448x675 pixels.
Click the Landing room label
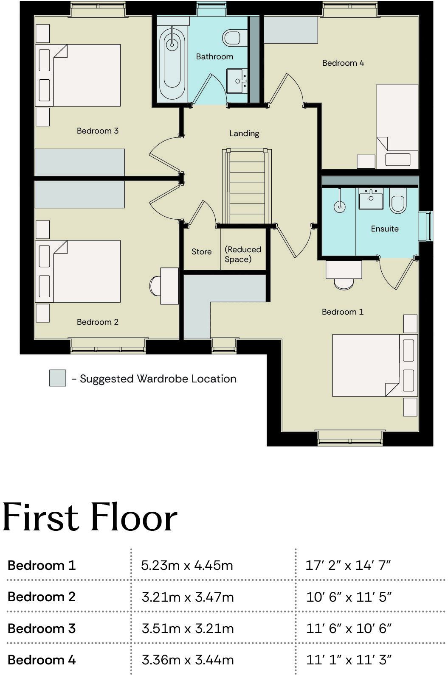pyautogui.click(x=244, y=134)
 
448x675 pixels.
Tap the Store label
pyautogui.click(x=201, y=252)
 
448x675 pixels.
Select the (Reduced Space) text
pyautogui.click(x=243, y=254)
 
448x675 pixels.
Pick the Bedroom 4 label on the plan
pyautogui.click(x=343, y=63)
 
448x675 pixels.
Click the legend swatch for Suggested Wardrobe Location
pyautogui.click(x=58, y=378)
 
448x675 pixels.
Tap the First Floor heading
pyautogui.click(x=90, y=518)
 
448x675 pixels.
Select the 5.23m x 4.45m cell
pyautogui.click(x=187, y=565)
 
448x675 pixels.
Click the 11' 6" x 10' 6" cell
pyautogui.click(x=349, y=628)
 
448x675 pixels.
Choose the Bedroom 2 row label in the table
pyautogui.click(x=42, y=597)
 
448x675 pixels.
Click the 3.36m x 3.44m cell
pyautogui.click(x=187, y=660)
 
